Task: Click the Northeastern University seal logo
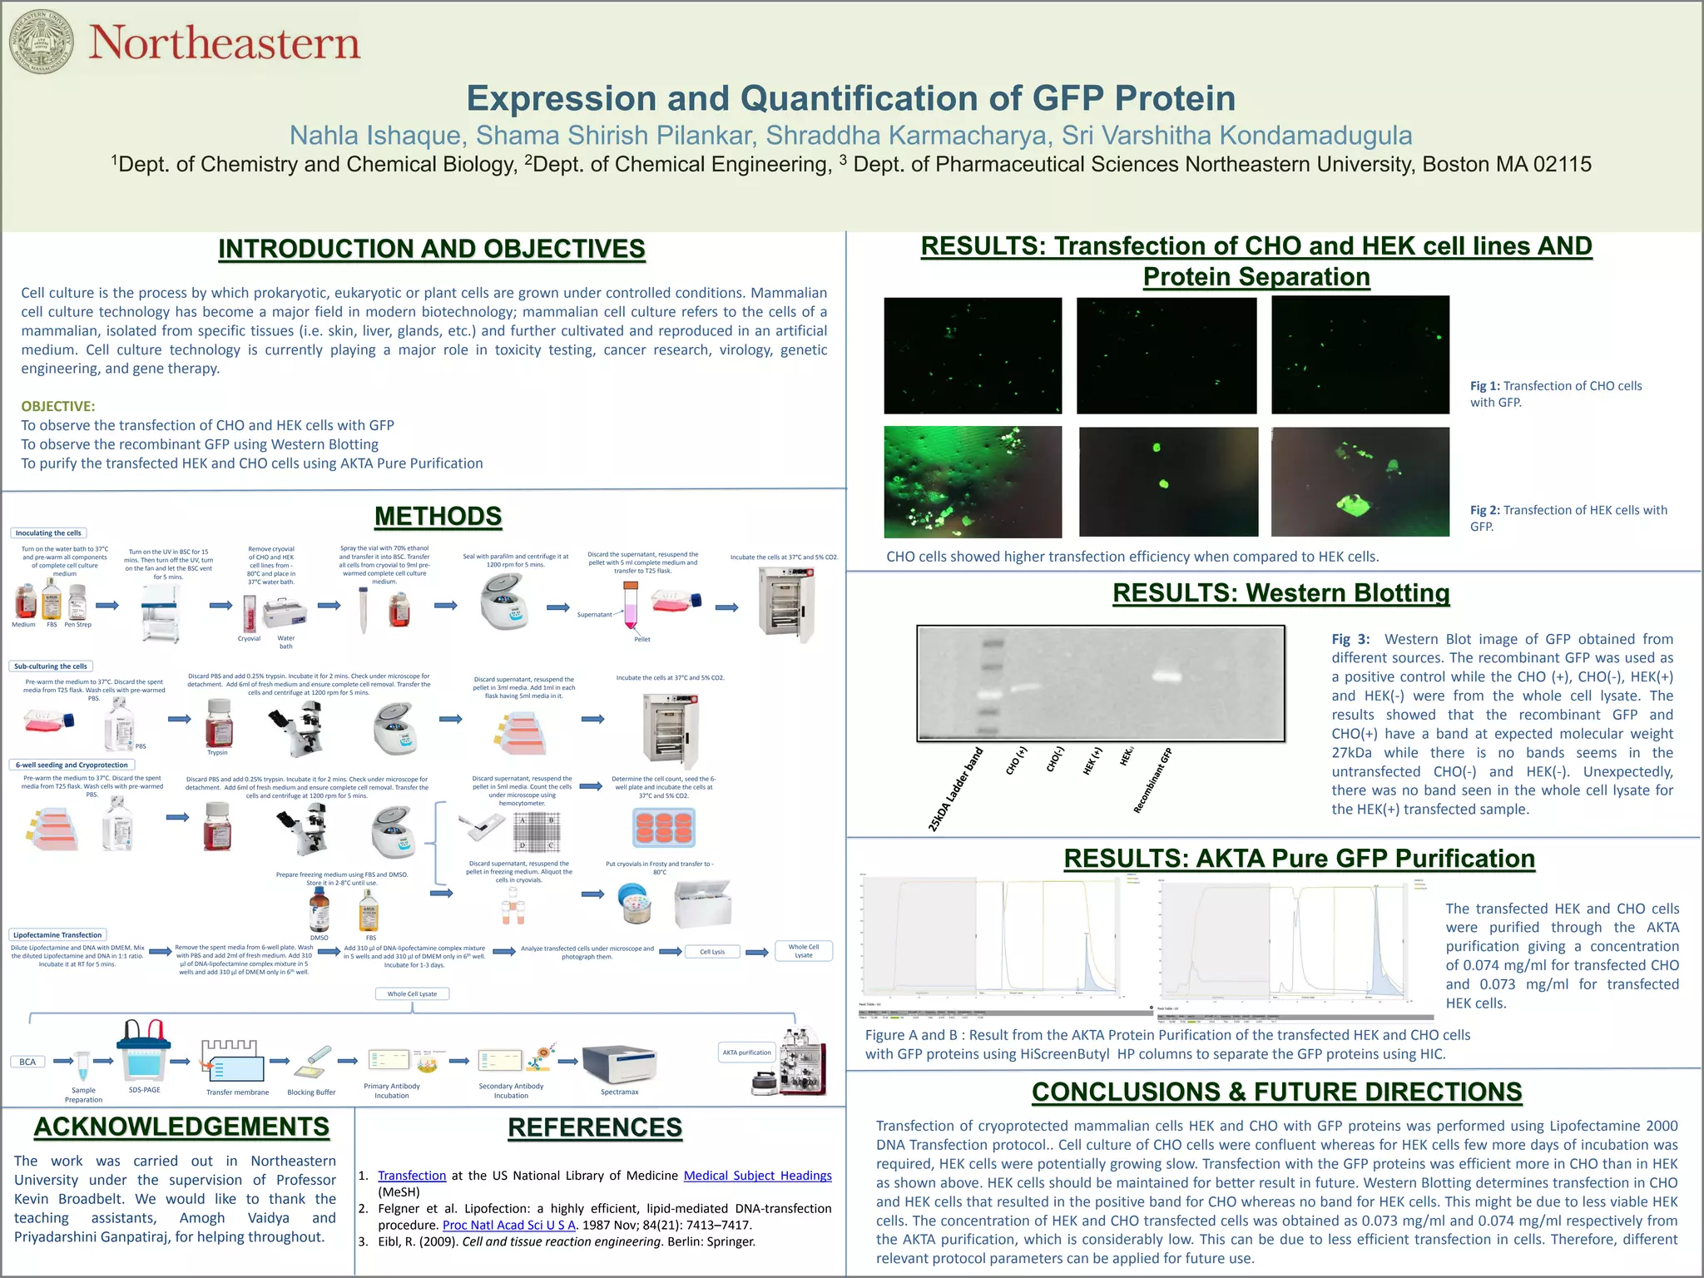pos(41,42)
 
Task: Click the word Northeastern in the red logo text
pos(224,43)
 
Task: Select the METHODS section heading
pos(438,516)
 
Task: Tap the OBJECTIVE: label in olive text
pos(57,406)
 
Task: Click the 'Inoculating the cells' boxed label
pos(48,532)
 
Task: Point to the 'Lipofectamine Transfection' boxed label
pos(58,934)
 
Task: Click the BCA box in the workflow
pos(27,1062)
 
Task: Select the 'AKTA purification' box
pos(746,1053)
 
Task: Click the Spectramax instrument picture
pos(619,1064)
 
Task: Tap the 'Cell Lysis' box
pos(711,952)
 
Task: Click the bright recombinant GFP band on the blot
pos(1167,676)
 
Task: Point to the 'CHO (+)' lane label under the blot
pos(1017,760)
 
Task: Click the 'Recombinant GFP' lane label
pos(1152,780)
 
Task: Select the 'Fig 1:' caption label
pos(1484,386)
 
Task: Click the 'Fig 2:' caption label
pos(1484,510)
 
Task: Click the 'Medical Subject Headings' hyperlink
pos(757,1176)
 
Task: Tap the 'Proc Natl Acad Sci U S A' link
pos(509,1225)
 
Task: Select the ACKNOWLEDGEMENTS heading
pos(181,1127)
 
